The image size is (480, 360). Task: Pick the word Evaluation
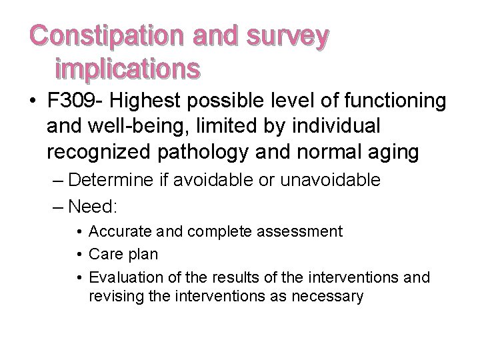[122, 277]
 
